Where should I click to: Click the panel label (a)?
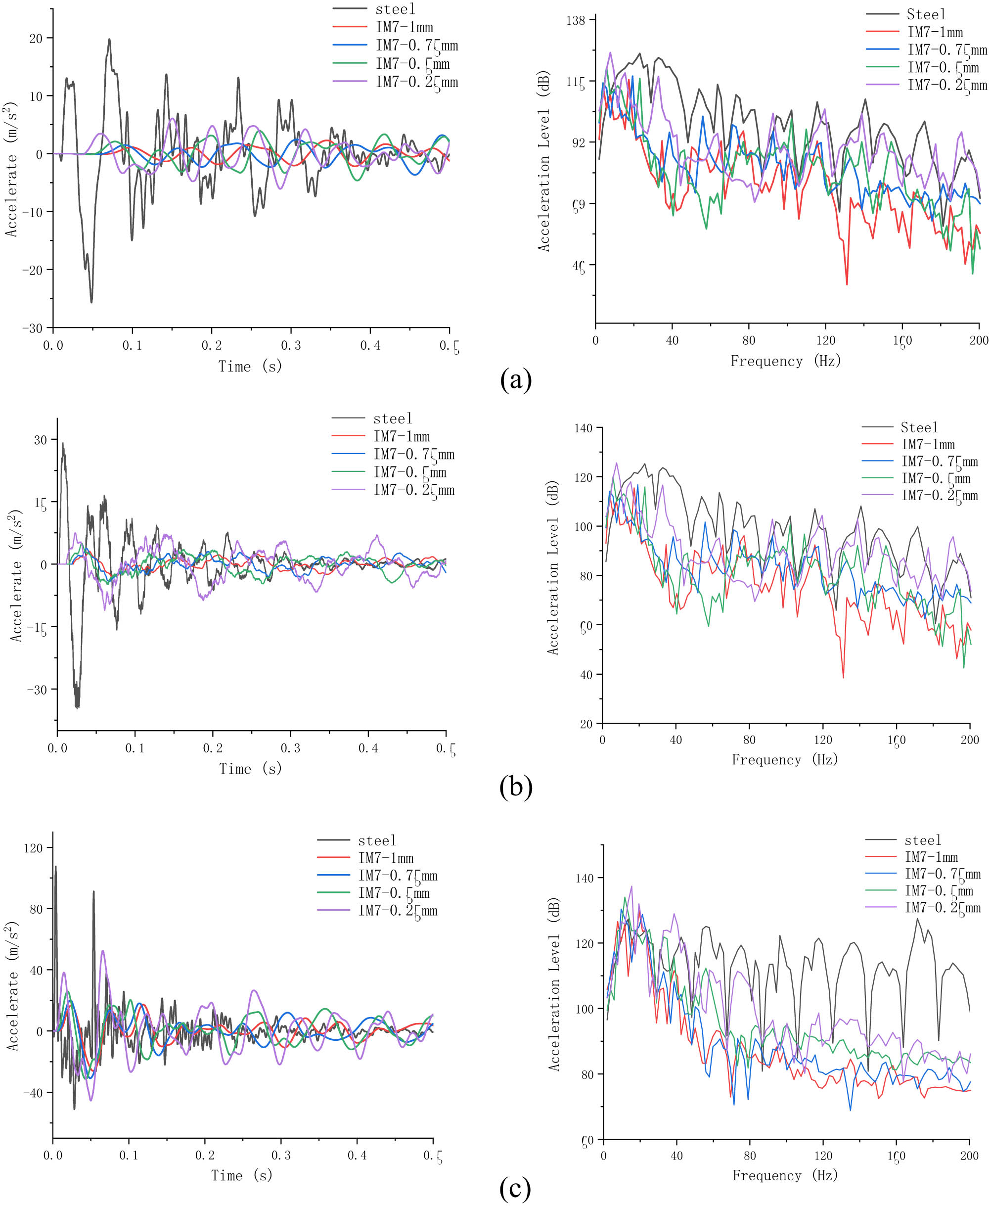(516, 379)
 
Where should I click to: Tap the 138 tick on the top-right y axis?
(576, 20)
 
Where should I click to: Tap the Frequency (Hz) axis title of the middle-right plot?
(784, 760)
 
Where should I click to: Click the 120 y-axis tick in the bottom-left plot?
(33, 847)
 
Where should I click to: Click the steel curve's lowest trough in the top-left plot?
(91, 302)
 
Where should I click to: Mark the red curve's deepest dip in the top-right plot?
(847, 284)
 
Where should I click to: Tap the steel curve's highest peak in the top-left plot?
(109, 40)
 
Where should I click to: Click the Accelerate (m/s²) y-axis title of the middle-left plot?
(15, 576)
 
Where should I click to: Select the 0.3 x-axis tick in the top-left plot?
(291, 345)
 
